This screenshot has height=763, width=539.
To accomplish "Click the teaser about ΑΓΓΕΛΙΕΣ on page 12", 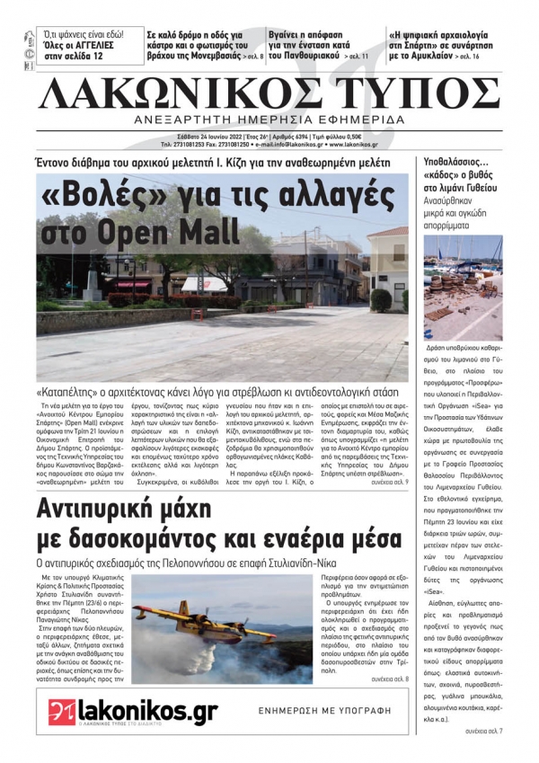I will coord(82,45).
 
